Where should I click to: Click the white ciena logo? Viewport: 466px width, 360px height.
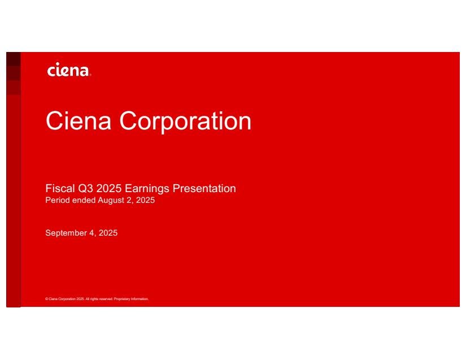68,70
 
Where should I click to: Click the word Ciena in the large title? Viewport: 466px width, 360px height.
79,121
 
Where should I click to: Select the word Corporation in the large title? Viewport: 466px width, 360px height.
185,122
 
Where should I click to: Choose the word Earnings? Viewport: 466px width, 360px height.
147,189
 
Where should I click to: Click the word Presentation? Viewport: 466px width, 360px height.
204,188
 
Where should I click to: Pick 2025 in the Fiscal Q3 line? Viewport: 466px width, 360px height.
109,188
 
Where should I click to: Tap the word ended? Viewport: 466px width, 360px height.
84,200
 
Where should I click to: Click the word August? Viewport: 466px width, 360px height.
111,201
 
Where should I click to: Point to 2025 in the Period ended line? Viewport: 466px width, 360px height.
145,200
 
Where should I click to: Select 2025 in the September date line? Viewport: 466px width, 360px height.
108,233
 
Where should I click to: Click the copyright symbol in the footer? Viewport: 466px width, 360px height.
47,299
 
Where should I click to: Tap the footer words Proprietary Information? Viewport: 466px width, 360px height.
131,299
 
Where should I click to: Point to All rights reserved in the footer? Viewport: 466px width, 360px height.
99,299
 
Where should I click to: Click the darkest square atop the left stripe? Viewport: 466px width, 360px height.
14,59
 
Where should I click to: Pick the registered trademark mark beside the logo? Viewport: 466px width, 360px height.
90,76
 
